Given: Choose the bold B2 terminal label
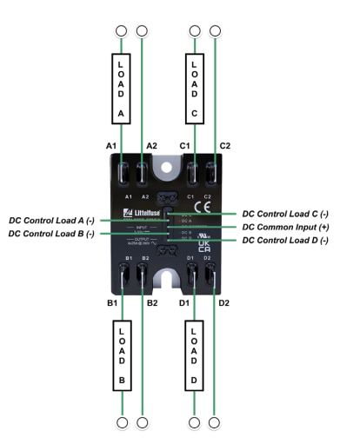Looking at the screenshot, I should coord(152,302).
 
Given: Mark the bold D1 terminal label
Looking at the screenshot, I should coord(184,302).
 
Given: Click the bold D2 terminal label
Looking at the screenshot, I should coord(224,302).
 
